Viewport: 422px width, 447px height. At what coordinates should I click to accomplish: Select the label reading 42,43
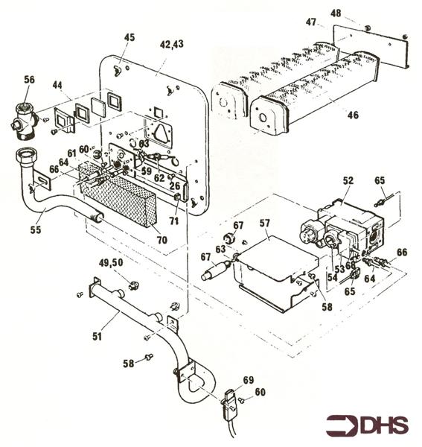click(x=172, y=45)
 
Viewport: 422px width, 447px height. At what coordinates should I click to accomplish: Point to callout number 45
click(x=129, y=38)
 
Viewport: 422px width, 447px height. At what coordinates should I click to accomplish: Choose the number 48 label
click(x=336, y=13)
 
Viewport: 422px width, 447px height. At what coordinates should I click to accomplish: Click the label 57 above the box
click(x=265, y=223)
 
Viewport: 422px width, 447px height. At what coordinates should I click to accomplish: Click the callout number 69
click(x=248, y=380)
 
